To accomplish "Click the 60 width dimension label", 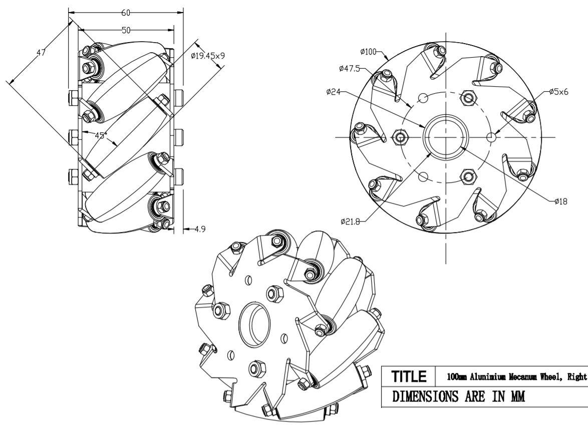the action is click(x=126, y=13).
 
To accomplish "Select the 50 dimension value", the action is click(x=126, y=31).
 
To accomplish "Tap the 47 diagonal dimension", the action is click(x=41, y=53).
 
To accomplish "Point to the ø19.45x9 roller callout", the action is click(x=208, y=56).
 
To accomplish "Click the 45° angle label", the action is click(x=101, y=135).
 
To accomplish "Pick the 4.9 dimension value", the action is click(x=200, y=229).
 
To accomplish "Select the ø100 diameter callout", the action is click(x=368, y=52).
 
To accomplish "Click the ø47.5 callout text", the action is click(x=349, y=68).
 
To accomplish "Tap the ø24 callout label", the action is click(x=334, y=92).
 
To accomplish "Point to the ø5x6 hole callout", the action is click(x=558, y=92).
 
